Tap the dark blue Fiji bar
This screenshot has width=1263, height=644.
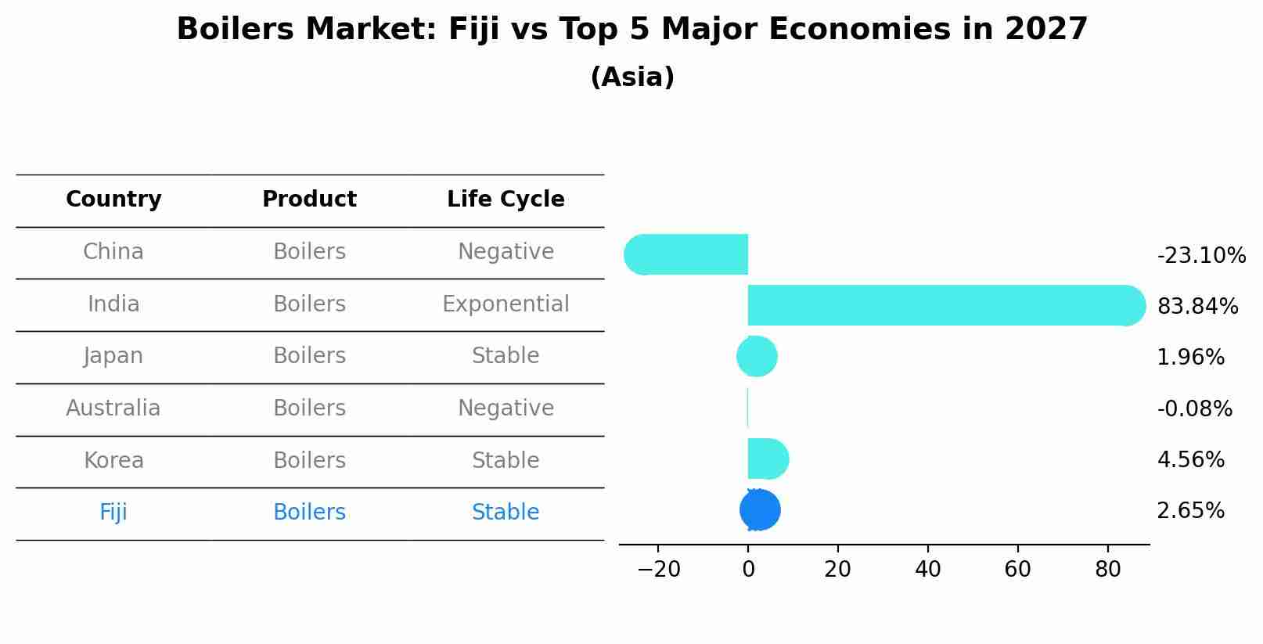pyautogui.click(x=760, y=510)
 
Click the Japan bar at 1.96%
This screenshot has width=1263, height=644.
pyautogui.click(x=757, y=357)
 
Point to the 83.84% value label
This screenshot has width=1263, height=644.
pyautogui.click(x=1197, y=307)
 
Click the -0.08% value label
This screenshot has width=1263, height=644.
pyautogui.click(x=1194, y=409)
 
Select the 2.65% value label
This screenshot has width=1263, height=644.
pyautogui.click(x=1190, y=511)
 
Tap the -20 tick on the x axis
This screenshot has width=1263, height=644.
pyautogui.click(x=659, y=570)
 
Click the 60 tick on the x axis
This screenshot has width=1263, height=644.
pyautogui.click(x=1017, y=570)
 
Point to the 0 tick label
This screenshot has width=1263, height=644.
pyautogui.click(x=748, y=570)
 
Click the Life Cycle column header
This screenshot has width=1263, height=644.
pyautogui.click(x=506, y=200)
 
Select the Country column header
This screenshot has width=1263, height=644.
pyautogui.click(x=113, y=200)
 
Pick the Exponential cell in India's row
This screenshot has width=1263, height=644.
pyautogui.click(x=506, y=304)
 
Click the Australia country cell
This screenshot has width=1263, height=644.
pyautogui.click(x=113, y=408)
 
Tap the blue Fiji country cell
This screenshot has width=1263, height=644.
pyautogui.click(x=113, y=513)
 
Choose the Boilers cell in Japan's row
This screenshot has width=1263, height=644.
pyautogui.click(x=309, y=356)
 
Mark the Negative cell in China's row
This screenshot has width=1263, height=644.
pyautogui.click(x=506, y=252)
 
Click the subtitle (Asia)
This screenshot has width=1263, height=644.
pyautogui.click(x=632, y=77)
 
